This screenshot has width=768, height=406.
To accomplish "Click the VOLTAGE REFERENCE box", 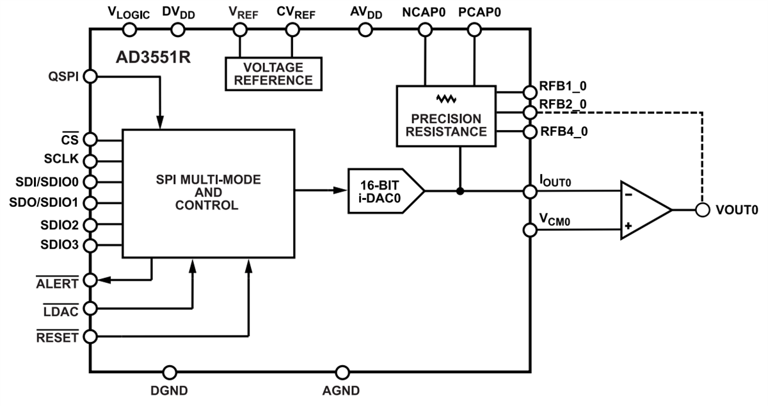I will (273, 74).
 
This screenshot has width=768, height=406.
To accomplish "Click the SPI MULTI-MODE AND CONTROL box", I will (208, 193).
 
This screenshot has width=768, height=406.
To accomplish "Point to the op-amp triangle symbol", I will (643, 211).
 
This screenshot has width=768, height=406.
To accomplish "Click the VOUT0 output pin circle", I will (702, 210).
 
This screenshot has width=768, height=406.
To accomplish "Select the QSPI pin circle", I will (90, 76).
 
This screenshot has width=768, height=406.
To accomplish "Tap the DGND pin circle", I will (170, 372).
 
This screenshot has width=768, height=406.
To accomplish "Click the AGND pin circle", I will (343, 372).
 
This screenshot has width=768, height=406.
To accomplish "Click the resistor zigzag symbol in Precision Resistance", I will (445, 99).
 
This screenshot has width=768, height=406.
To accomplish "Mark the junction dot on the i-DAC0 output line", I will (460, 191).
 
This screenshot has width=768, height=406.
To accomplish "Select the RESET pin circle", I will (90, 336).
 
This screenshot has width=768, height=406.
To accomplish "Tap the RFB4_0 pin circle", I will (529, 133).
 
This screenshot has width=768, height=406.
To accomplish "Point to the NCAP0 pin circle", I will (424, 29).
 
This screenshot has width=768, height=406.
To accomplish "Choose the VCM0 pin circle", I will (529, 231).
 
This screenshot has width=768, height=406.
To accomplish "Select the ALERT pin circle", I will (90, 280).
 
